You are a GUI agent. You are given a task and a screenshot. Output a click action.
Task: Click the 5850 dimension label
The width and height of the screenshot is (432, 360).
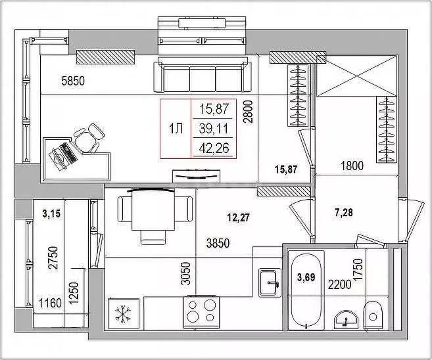pyautogui.click(x=73, y=81)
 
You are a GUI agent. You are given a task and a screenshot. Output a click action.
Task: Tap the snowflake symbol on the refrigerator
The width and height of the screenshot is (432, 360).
pyautogui.click(x=123, y=313)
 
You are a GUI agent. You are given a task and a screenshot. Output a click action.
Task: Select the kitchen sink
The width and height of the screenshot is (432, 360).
pyautogui.click(x=270, y=282)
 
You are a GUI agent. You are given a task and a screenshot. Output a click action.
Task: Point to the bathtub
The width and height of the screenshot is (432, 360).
pyautogui.click(x=306, y=290)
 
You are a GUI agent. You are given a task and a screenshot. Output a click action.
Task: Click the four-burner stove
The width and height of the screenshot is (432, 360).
pyautogui.click(x=201, y=312)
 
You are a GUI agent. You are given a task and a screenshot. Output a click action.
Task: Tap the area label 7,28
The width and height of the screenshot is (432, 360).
pyautogui.click(x=344, y=212)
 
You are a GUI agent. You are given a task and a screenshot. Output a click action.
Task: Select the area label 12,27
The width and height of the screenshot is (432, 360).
pyautogui.click(x=238, y=217)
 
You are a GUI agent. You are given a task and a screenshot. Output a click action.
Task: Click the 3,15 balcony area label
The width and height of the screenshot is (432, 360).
pyautogui.click(x=51, y=214)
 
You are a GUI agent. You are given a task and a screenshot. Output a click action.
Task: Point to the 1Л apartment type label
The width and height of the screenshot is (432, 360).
pyautogui.click(x=176, y=129)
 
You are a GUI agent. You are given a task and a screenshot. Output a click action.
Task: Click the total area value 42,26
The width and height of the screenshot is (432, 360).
pyautogui.click(x=214, y=148)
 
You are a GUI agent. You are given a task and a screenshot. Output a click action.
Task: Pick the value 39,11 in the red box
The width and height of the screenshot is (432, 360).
pyautogui.click(x=214, y=129)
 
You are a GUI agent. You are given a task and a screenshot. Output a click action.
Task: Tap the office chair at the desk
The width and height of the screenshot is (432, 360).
pyautogui.click(x=89, y=138)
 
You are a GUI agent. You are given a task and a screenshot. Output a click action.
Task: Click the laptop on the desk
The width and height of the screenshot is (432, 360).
pyautogui.click(x=62, y=156)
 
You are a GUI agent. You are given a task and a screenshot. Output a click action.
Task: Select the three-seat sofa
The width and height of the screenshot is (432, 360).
pyautogui.click(x=203, y=75)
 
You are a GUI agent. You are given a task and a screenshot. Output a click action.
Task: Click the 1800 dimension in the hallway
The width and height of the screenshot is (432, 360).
pyautogui.click(x=352, y=166)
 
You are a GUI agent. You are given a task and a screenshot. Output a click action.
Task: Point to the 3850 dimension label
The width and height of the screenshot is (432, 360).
pyautogui.click(x=218, y=243)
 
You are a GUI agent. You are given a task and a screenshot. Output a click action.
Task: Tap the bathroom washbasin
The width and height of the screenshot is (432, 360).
pyautogui.click(x=346, y=320)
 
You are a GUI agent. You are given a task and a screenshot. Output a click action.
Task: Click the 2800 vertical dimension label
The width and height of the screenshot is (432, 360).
pyautogui.click(x=248, y=112)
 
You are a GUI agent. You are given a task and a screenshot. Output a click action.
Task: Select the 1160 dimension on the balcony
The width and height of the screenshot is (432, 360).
pyautogui.click(x=50, y=304)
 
